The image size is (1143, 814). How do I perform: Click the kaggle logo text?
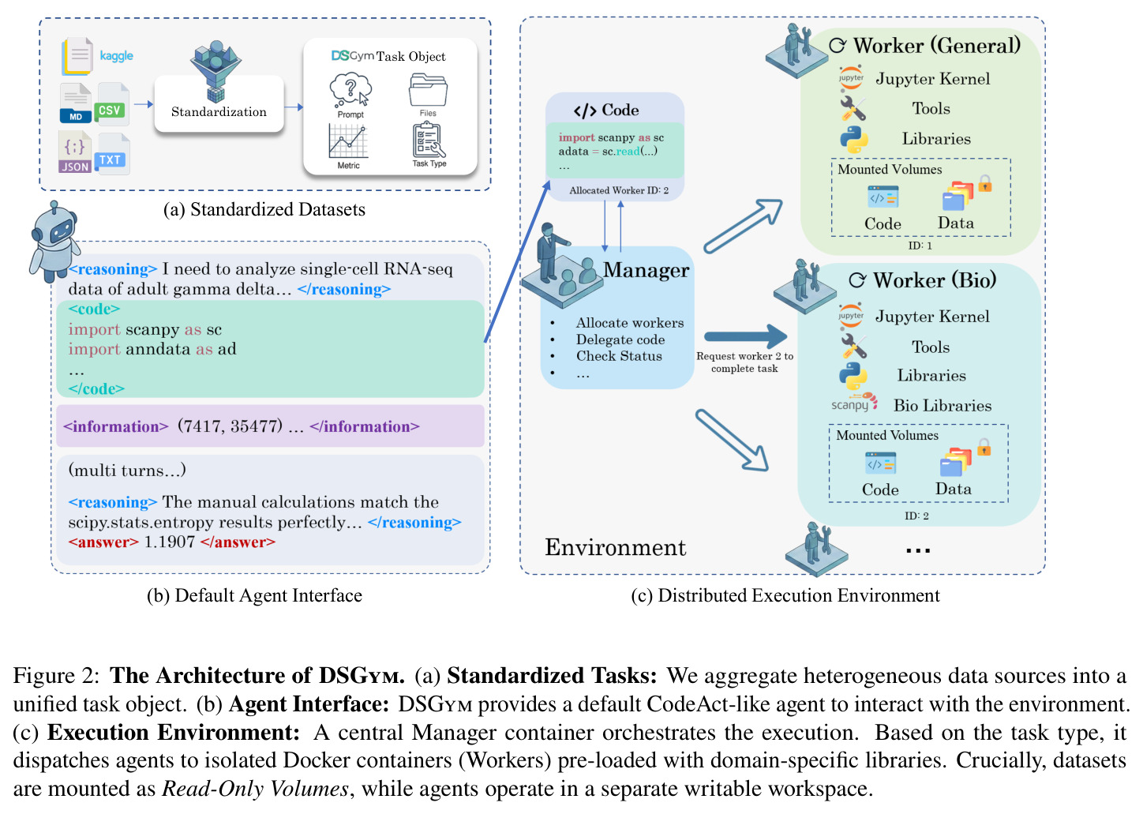point(116,55)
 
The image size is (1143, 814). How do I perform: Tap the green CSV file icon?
point(111,105)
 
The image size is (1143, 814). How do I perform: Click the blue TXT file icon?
point(112,154)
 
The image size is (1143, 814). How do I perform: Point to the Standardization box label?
point(219,112)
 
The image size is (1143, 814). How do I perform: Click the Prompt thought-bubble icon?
point(350,90)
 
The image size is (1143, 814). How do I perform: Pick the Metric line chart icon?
point(349,141)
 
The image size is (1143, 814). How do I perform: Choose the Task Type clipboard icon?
point(429,140)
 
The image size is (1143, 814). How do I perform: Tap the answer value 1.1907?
point(170,542)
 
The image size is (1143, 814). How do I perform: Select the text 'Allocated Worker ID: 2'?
point(619,190)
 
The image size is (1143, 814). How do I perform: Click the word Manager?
point(646,270)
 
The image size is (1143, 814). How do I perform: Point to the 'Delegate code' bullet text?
point(620,339)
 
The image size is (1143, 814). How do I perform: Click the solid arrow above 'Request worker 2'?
point(745,336)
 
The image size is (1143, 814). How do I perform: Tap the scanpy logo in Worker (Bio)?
point(854,403)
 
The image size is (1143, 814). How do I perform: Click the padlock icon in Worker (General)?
point(985,183)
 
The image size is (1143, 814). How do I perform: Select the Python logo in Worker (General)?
point(853,139)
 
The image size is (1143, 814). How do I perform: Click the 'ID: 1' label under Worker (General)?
point(920,246)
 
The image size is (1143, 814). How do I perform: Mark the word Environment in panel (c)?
point(616,547)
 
